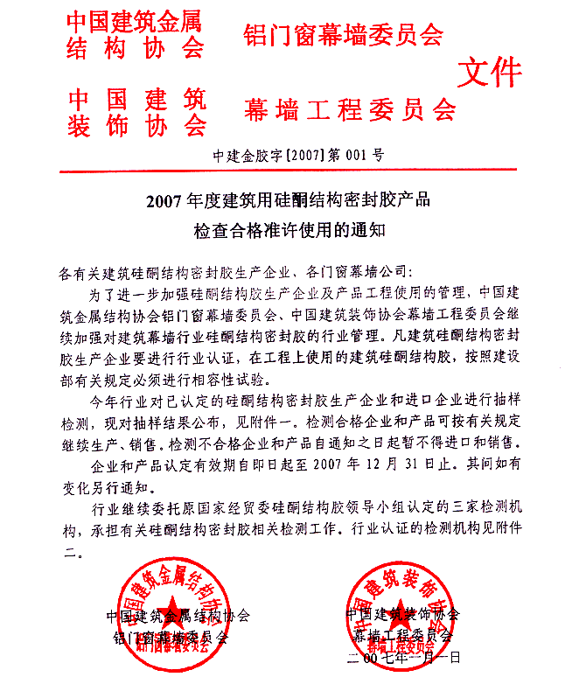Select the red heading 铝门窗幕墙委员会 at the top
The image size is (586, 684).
[x=342, y=34]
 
